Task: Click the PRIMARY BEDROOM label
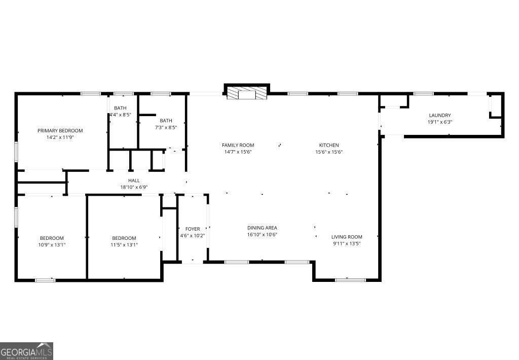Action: (60, 130)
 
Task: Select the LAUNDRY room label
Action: (439, 115)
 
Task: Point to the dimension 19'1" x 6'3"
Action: (439, 122)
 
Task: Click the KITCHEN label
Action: (328, 145)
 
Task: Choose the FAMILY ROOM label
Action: (238, 145)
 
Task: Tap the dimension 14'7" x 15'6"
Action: (238, 152)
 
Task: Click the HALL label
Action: (134, 180)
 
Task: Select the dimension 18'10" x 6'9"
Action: (134, 187)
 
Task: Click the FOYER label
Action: (193, 229)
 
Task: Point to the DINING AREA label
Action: (262, 228)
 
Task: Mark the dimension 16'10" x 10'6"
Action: (262, 234)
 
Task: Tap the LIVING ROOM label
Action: (347, 237)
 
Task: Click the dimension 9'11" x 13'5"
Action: (347, 243)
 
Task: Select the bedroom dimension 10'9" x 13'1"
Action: (52, 244)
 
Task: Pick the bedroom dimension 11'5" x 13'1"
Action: (124, 244)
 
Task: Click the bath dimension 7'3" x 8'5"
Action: (166, 127)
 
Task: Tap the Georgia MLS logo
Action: (26, 351)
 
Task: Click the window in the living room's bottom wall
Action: (350, 279)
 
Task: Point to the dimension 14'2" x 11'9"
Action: (60, 137)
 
